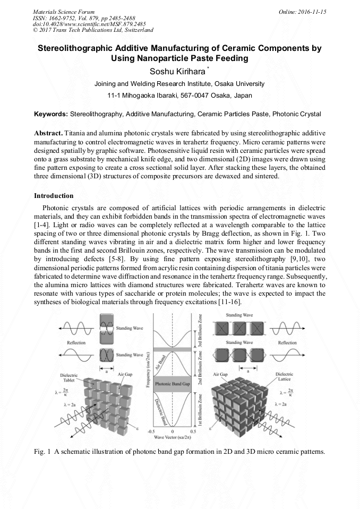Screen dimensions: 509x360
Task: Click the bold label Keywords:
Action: [x=51, y=114]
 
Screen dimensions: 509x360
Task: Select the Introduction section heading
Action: [x=54, y=196]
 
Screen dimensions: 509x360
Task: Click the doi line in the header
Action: [x=74, y=24]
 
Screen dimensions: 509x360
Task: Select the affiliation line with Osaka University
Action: [x=179, y=84]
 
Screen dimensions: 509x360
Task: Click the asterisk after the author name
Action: [x=209, y=68]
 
